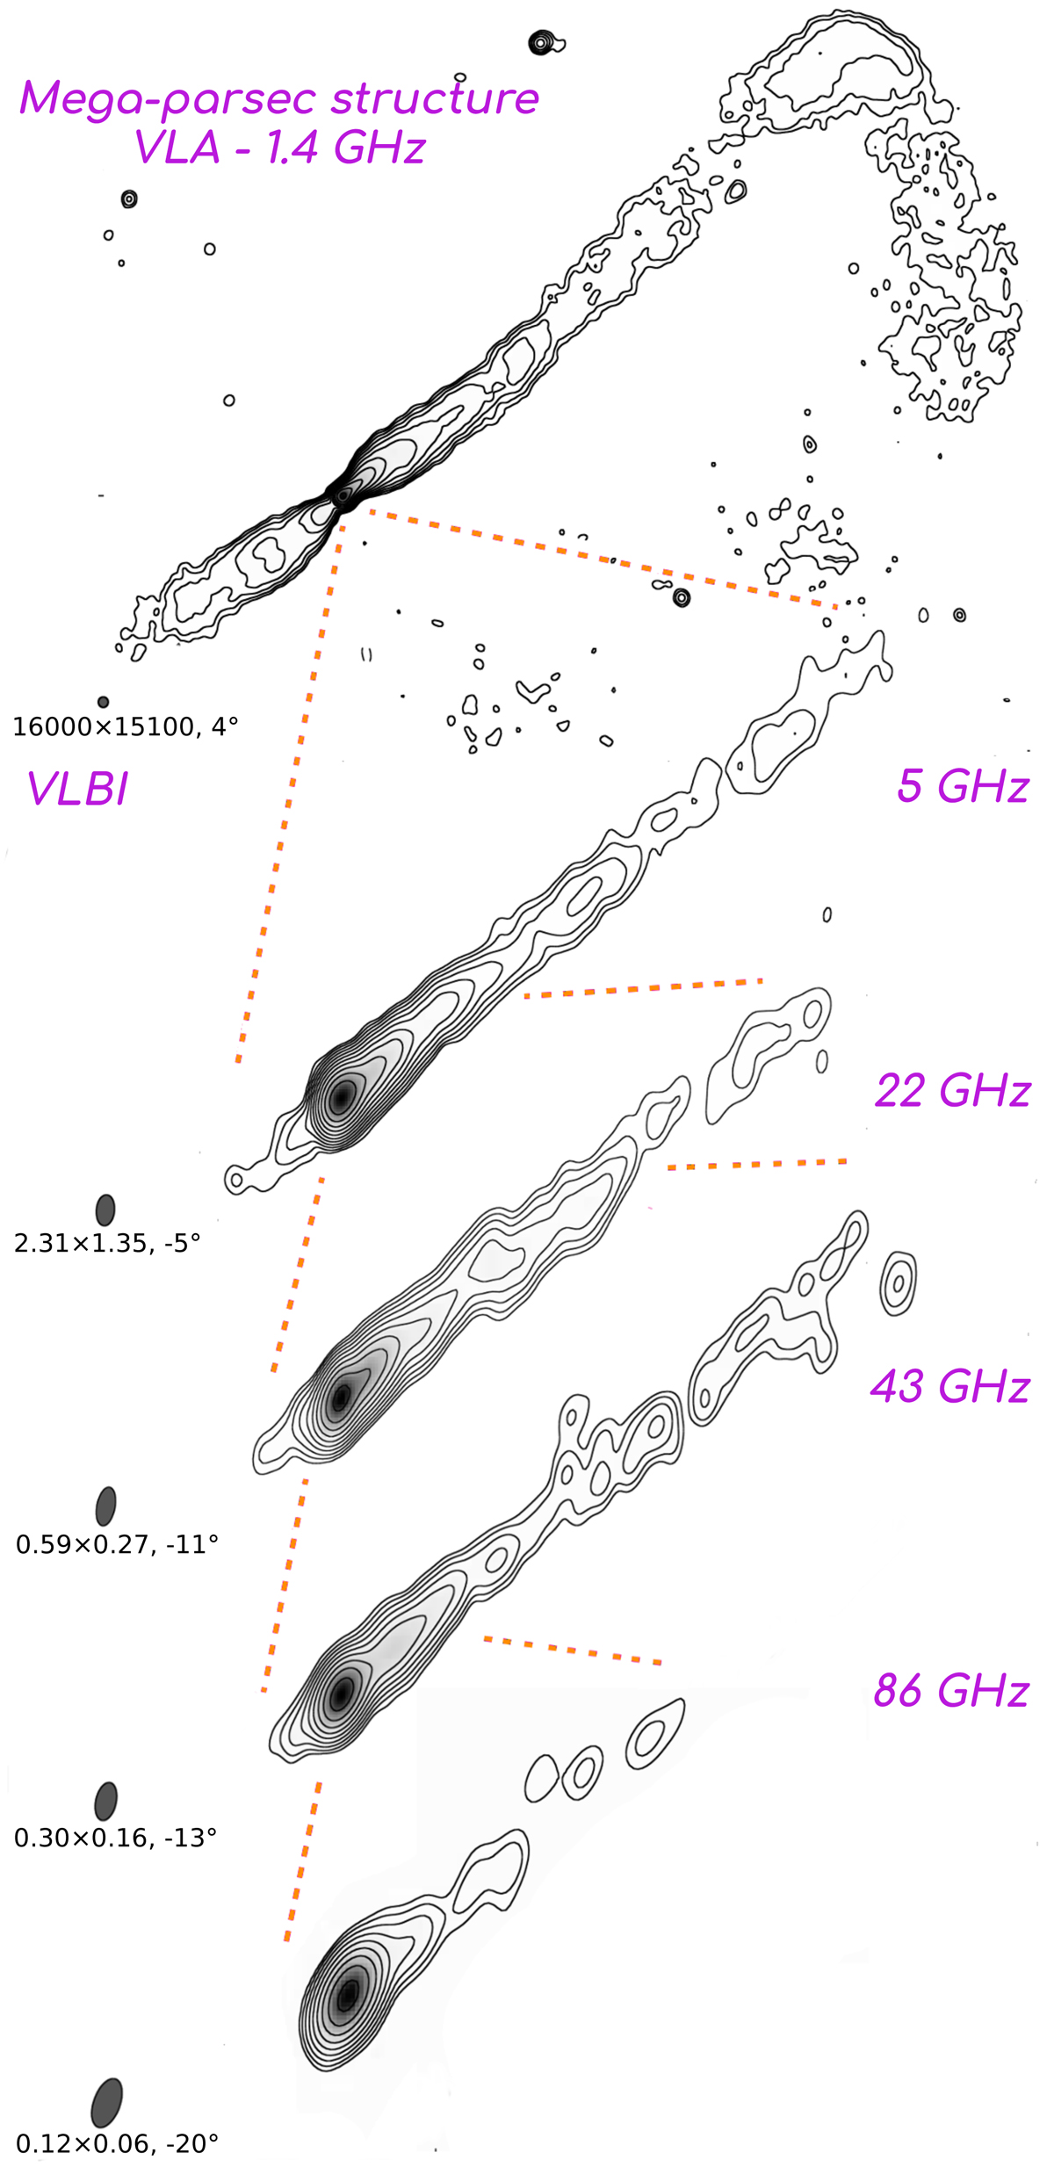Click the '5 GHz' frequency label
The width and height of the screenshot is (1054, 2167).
[963, 785]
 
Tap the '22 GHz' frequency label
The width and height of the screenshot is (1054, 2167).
[952, 1090]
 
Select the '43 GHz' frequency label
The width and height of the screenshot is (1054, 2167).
[949, 1386]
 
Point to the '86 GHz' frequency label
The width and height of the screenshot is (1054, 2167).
[951, 1690]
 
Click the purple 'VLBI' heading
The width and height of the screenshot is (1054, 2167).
[77, 788]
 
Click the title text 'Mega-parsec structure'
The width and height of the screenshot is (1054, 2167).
[279, 98]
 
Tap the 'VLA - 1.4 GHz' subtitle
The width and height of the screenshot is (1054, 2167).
[279, 147]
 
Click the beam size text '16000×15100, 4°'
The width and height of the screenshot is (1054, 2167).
[125, 726]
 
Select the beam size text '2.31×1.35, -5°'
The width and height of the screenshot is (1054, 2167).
[107, 1243]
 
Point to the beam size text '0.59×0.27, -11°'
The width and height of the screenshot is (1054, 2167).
[117, 1543]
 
